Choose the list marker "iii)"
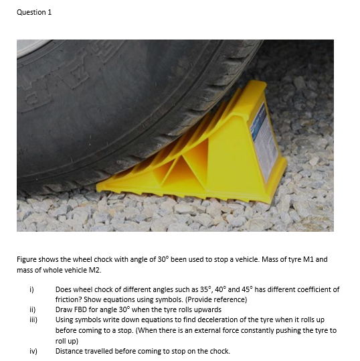click(x=31, y=320)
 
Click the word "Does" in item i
click(x=64, y=290)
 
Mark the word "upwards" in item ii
click(x=204, y=310)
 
